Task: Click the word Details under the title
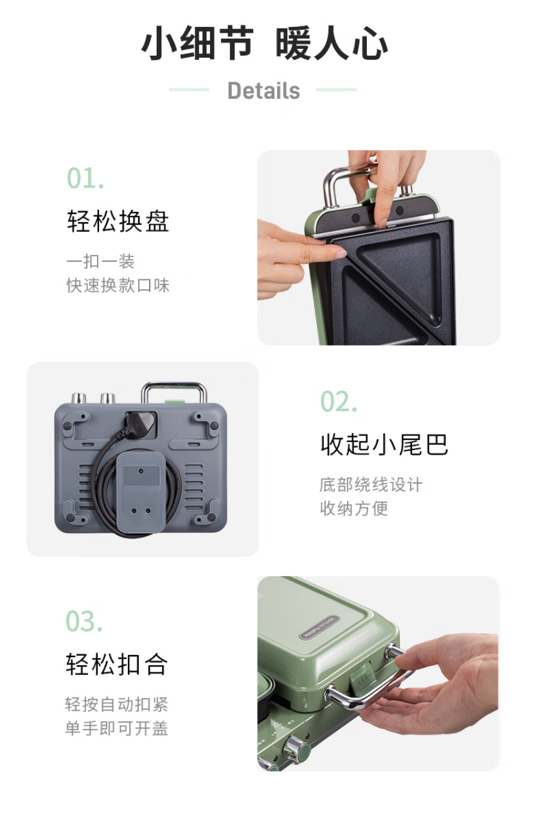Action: (263, 91)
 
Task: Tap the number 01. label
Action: (85, 179)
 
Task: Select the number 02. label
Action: (339, 401)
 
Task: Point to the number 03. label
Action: (84, 621)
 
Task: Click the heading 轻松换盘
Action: (118, 221)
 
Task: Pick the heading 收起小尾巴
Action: (384, 444)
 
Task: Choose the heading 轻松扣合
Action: (116, 664)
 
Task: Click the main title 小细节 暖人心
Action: (264, 42)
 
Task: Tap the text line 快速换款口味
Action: (118, 286)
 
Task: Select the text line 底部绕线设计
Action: (371, 485)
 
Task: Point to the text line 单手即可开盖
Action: (116, 728)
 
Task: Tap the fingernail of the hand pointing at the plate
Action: (340, 254)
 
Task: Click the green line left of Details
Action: (189, 90)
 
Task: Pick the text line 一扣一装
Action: (101, 261)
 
